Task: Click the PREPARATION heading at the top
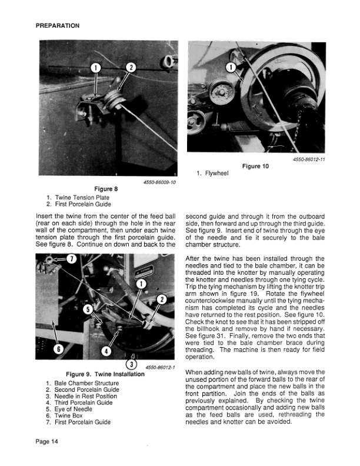click(58, 26)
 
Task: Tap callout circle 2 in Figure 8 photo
click(131, 68)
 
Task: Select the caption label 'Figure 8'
click(107, 189)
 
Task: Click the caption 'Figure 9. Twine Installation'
click(105, 374)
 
